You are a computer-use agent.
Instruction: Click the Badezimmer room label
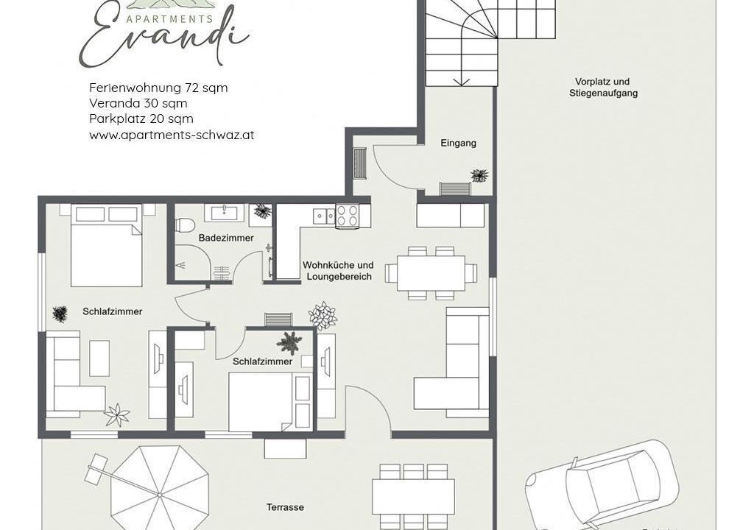click(x=226, y=238)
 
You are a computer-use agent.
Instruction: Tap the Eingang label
click(x=458, y=143)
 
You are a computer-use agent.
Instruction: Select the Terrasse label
click(x=285, y=507)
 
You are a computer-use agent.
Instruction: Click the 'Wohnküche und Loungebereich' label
click(x=338, y=271)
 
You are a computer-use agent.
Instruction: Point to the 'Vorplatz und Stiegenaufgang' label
click(x=603, y=88)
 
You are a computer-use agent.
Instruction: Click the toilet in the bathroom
click(x=185, y=225)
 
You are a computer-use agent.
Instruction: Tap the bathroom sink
click(x=224, y=213)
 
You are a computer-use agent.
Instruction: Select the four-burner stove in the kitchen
click(x=348, y=216)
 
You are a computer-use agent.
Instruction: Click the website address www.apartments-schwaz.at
click(x=172, y=135)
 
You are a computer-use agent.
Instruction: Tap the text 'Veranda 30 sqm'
click(x=138, y=103)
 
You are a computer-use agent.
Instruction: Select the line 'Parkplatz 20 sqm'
click(x=141, y=119)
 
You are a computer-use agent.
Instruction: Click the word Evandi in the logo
click(x=163, y=38)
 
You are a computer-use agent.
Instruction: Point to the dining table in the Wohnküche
click(x=431, y=273)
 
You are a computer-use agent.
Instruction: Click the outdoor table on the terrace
click(x=414, y=497)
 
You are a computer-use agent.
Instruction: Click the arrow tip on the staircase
click(x=462, y=85)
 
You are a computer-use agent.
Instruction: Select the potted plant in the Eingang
click(x=479, y=175)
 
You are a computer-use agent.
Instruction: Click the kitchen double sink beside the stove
click(x=324, y=216)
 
